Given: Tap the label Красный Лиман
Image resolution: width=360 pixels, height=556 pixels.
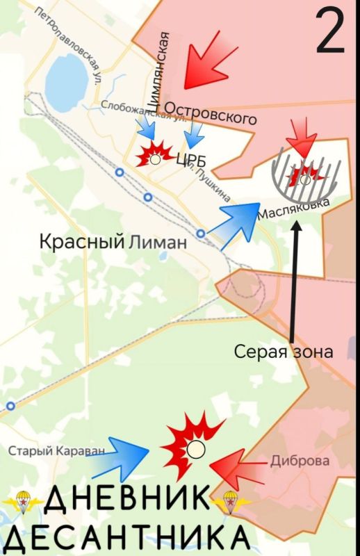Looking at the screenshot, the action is point(113,243).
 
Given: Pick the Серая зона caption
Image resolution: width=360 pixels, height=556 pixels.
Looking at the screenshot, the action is point(283,352).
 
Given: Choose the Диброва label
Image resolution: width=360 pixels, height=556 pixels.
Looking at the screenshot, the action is point(300,461).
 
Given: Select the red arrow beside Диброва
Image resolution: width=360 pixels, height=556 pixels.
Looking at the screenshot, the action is point(234,471).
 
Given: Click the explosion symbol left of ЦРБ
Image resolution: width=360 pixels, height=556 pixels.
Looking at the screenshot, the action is point(154,156).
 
